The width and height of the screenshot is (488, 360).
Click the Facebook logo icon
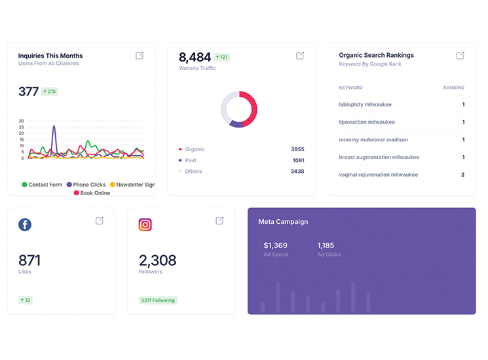25,225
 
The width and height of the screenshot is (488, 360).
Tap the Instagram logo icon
145,225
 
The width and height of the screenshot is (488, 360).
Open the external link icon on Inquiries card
140,56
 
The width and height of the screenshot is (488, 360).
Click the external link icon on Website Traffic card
300,56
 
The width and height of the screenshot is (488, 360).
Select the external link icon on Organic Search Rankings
460,56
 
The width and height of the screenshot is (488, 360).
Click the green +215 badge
50,92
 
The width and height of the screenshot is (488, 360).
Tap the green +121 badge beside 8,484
221,58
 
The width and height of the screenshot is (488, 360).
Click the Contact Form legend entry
43,185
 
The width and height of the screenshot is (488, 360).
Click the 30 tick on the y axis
21,121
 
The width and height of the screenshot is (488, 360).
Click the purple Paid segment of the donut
236,124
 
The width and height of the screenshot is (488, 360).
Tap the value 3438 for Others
297,171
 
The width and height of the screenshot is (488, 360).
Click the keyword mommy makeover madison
373,139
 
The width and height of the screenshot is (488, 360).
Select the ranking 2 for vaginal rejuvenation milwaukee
462,175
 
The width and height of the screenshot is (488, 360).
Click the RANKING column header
453,88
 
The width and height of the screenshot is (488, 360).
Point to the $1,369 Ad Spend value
276,245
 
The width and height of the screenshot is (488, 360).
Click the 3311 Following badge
158,300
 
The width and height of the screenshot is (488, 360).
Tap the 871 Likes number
29,260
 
